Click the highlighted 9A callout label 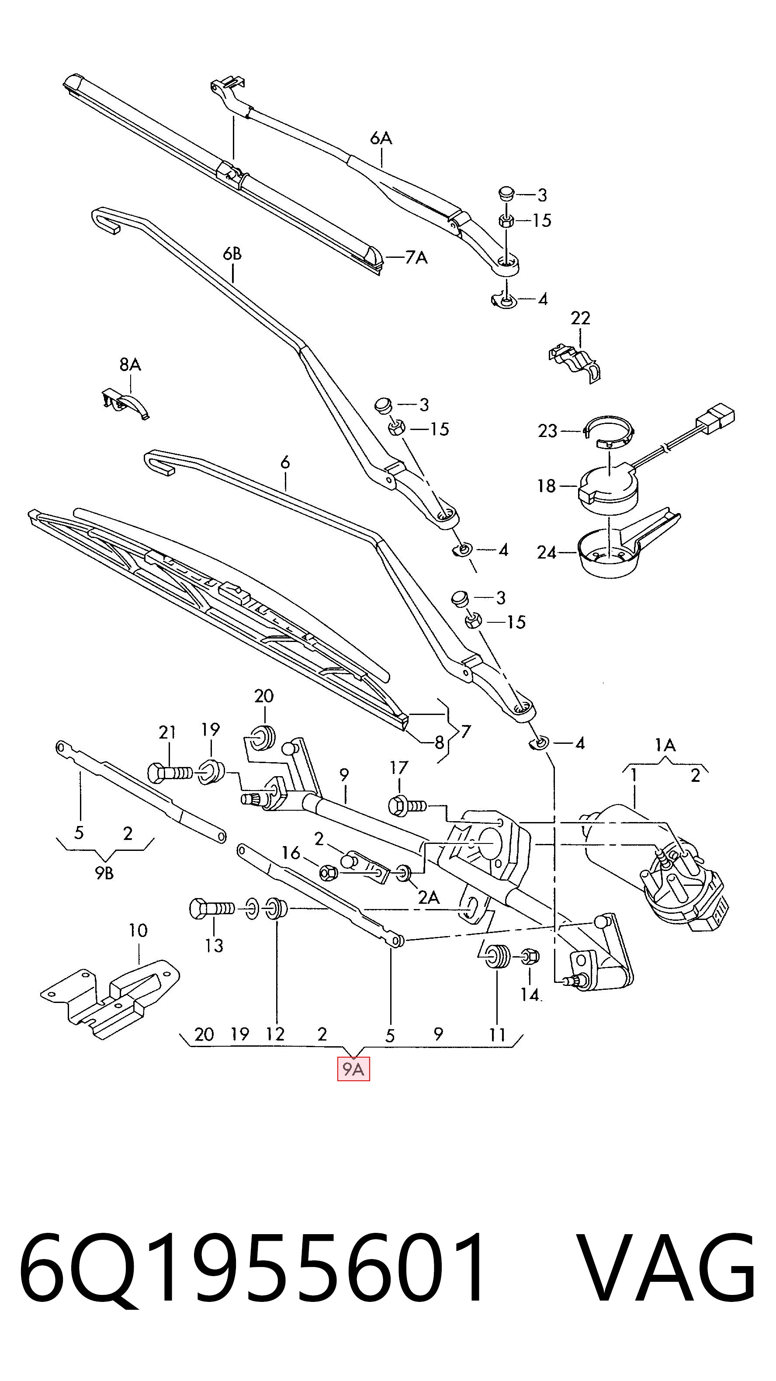tap(353, 1069)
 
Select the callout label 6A tap(381, 138)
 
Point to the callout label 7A tap(416, 258)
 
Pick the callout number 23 tap(548, 430)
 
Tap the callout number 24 tap(547, 552)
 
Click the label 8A tap(130, 364)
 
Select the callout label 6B tap(232, 253)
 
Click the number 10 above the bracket tap(138, 930)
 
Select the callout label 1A tap(665, 745)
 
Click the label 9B tap(104, 873)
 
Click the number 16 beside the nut tap(291, 853)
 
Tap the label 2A tap(429, 897)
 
